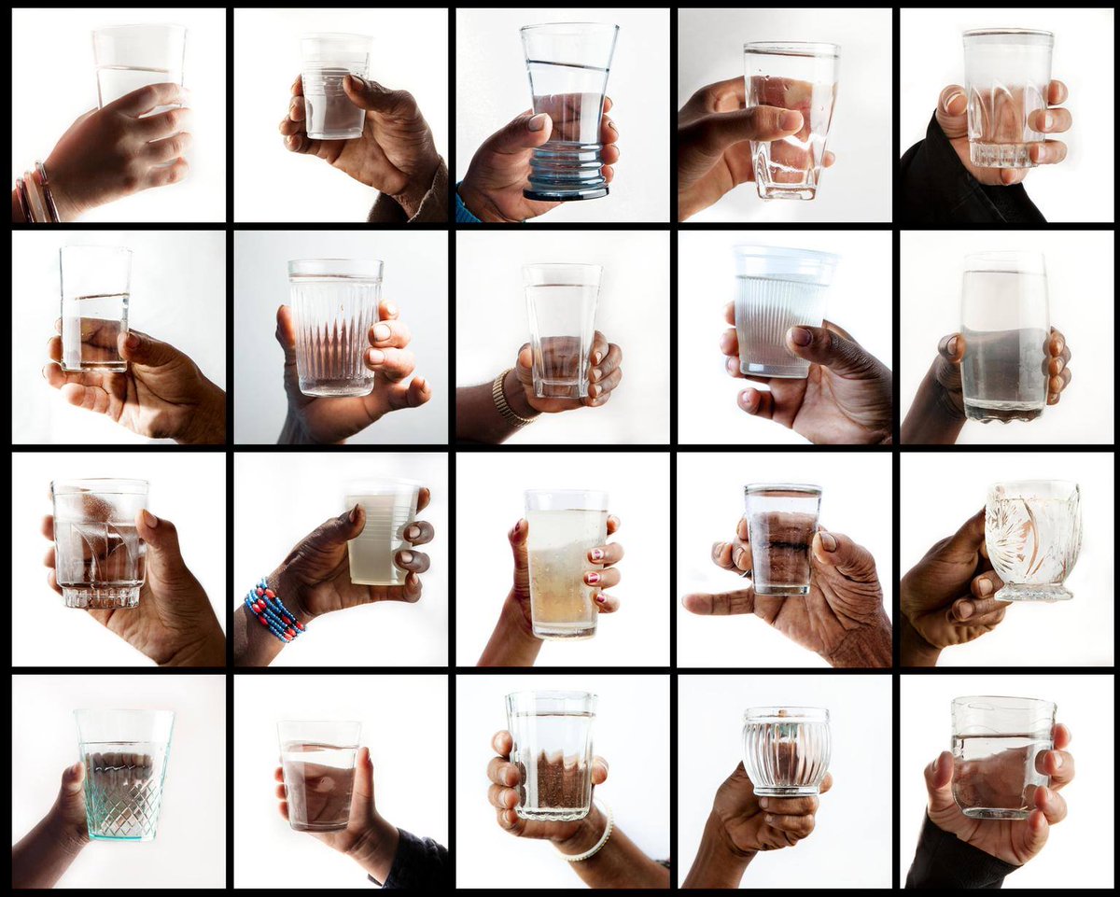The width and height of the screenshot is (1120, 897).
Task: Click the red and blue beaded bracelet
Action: [273, 610]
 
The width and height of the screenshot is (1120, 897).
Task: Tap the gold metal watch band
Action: [509, 397]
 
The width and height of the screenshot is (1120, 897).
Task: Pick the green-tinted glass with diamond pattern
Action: [123, 775]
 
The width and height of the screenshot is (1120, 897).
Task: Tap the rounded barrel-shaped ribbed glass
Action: [786, 751]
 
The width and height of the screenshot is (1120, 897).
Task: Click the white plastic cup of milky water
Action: [381, 532]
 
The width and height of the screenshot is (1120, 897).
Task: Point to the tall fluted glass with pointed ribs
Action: [333, 327]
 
